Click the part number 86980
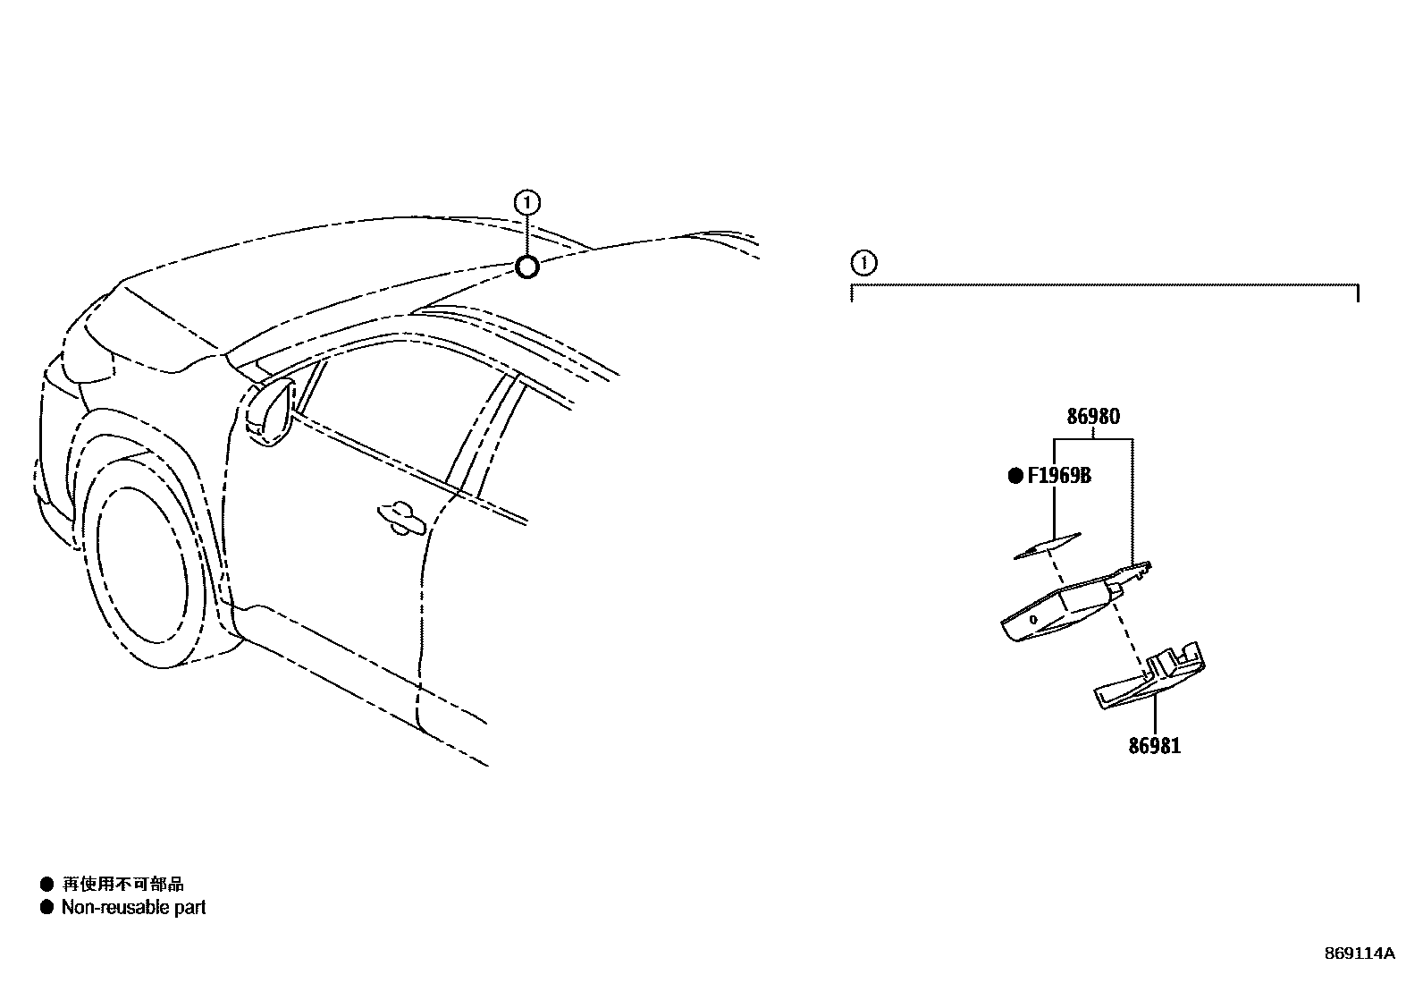[x=1093, y=417]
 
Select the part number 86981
[x=1153, y=746]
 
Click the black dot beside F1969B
[x=1015, y=476]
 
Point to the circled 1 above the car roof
[x=527, y=203]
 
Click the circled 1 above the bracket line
[x=863, y=264]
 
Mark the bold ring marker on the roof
[x=527, y=267]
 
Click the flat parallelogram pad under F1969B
[x=1048, y=546]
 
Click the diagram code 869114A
[x=1359, y=953]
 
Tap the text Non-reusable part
[x=133, y=908]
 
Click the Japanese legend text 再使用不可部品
[x=122, y=885]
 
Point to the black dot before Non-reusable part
[x=46, y=908]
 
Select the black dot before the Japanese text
[x=46, y=885]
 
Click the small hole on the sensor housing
[x=1033, y=619]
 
